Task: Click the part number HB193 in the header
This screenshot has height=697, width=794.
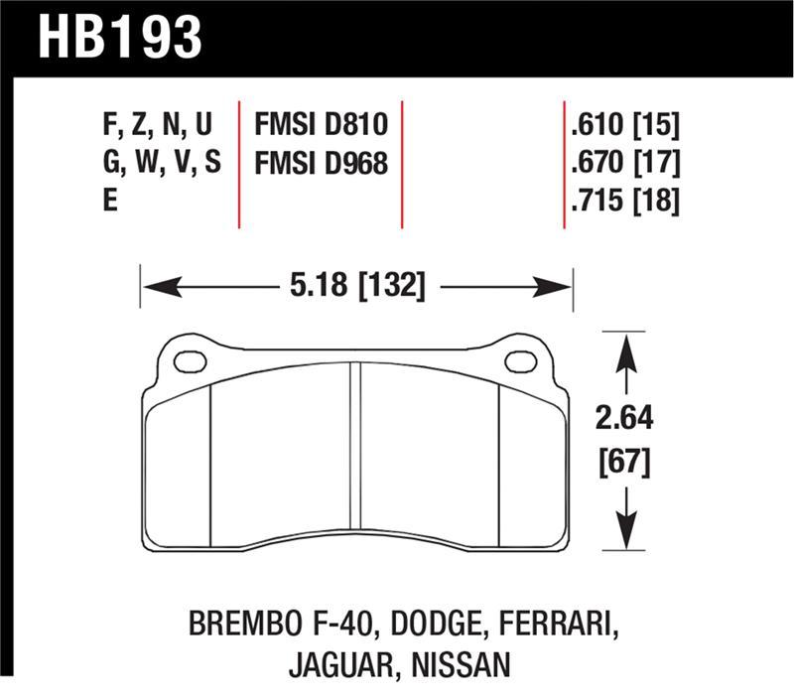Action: click(119, 37)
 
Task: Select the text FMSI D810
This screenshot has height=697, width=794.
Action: click(320, 126)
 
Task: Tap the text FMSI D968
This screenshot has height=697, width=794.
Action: click(320, 164)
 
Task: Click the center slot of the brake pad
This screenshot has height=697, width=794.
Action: click(353, 452)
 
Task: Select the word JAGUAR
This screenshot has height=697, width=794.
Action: click(337, 665)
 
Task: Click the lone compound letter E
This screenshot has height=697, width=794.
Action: click(109, 202)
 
